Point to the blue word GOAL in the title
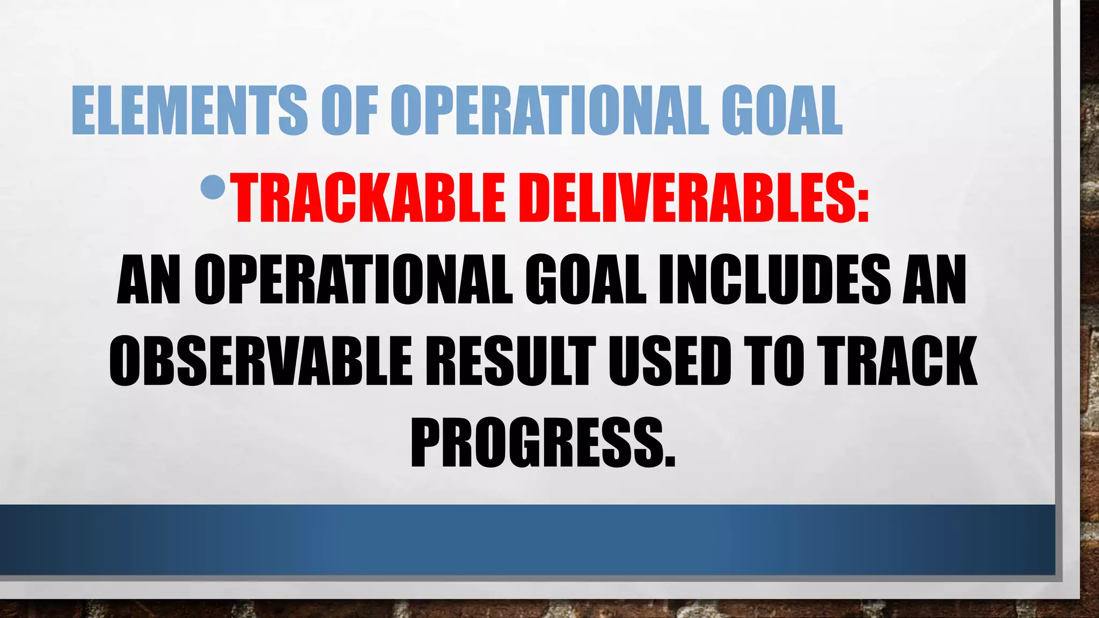coord(782,111)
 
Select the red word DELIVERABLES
coord(684,198)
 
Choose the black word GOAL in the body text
coord(585,280)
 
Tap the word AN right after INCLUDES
coord(934,280)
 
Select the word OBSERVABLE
coord(261,360)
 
